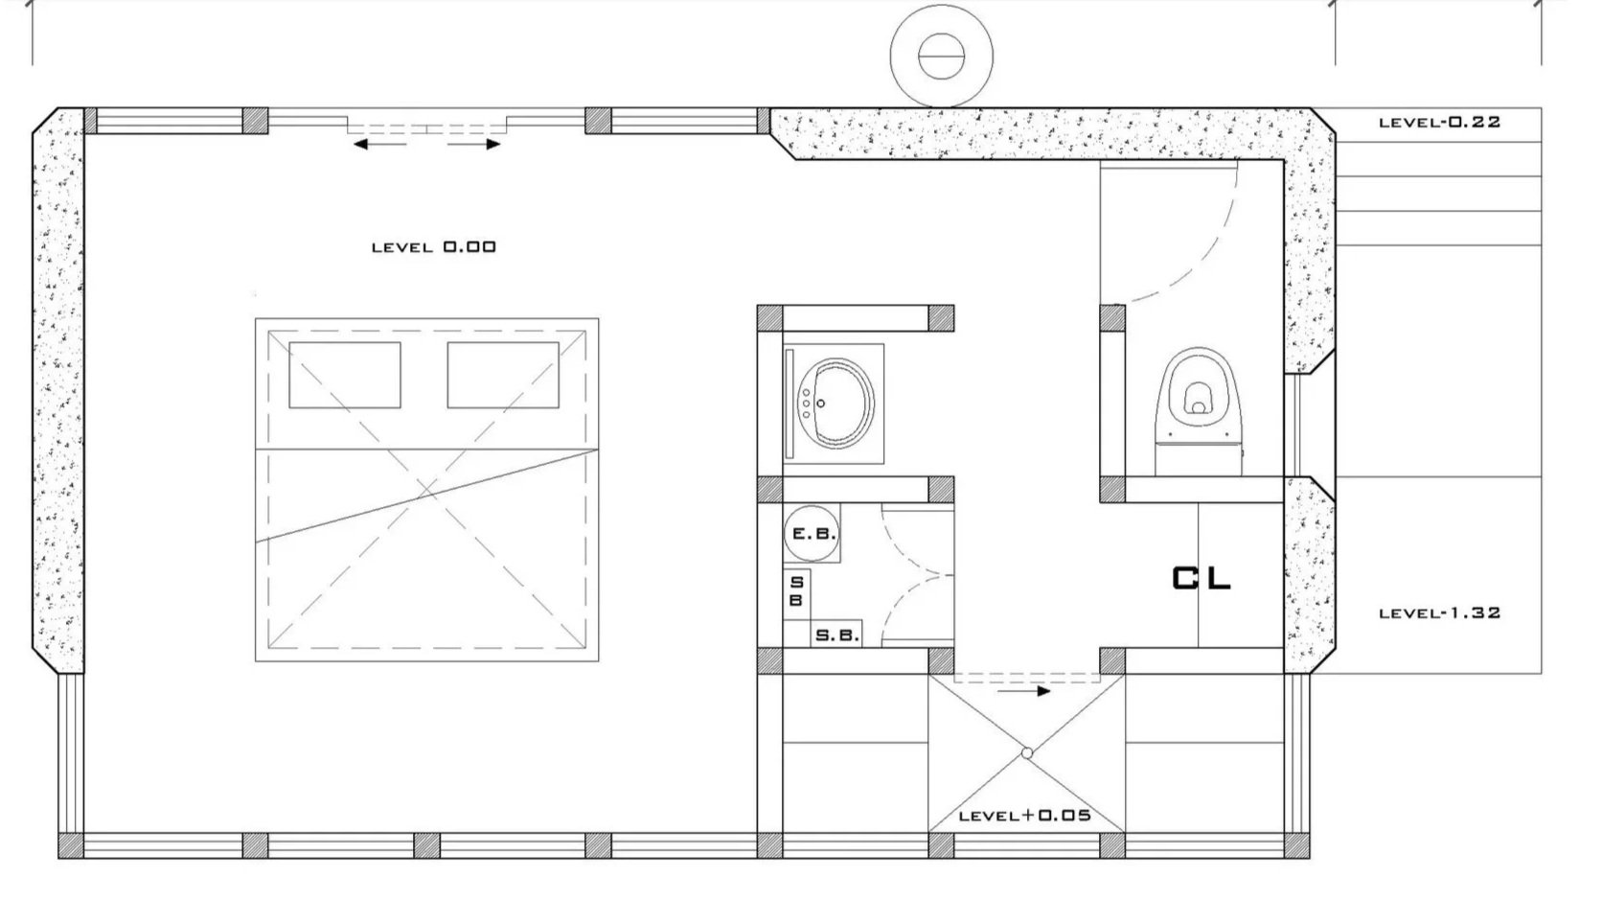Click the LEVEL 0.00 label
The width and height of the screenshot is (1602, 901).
click(x=434, y=247)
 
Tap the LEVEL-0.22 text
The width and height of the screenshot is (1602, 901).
click(x=1439, y=123)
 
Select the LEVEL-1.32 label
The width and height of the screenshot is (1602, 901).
click(x=1439, y=612)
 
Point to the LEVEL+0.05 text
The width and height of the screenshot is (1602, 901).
click(x=1025, y=816)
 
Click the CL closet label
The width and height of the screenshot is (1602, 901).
click(x=1201, y=578)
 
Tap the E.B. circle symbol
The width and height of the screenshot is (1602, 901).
click(x=812, y=534)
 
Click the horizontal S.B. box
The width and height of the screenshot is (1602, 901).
click(x=836, y=635)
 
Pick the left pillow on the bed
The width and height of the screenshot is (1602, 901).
click(x=344, y=375)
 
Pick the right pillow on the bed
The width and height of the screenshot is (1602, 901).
click(x=503, y=375)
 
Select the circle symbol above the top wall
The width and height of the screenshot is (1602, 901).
click(x=941, y=55)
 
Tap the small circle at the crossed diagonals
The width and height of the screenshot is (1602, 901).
click(x=1026, y=753)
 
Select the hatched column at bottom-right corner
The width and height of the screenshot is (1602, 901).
click(x=1296, y=845)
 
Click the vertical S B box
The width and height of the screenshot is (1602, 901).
click(x=796, y=591)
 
